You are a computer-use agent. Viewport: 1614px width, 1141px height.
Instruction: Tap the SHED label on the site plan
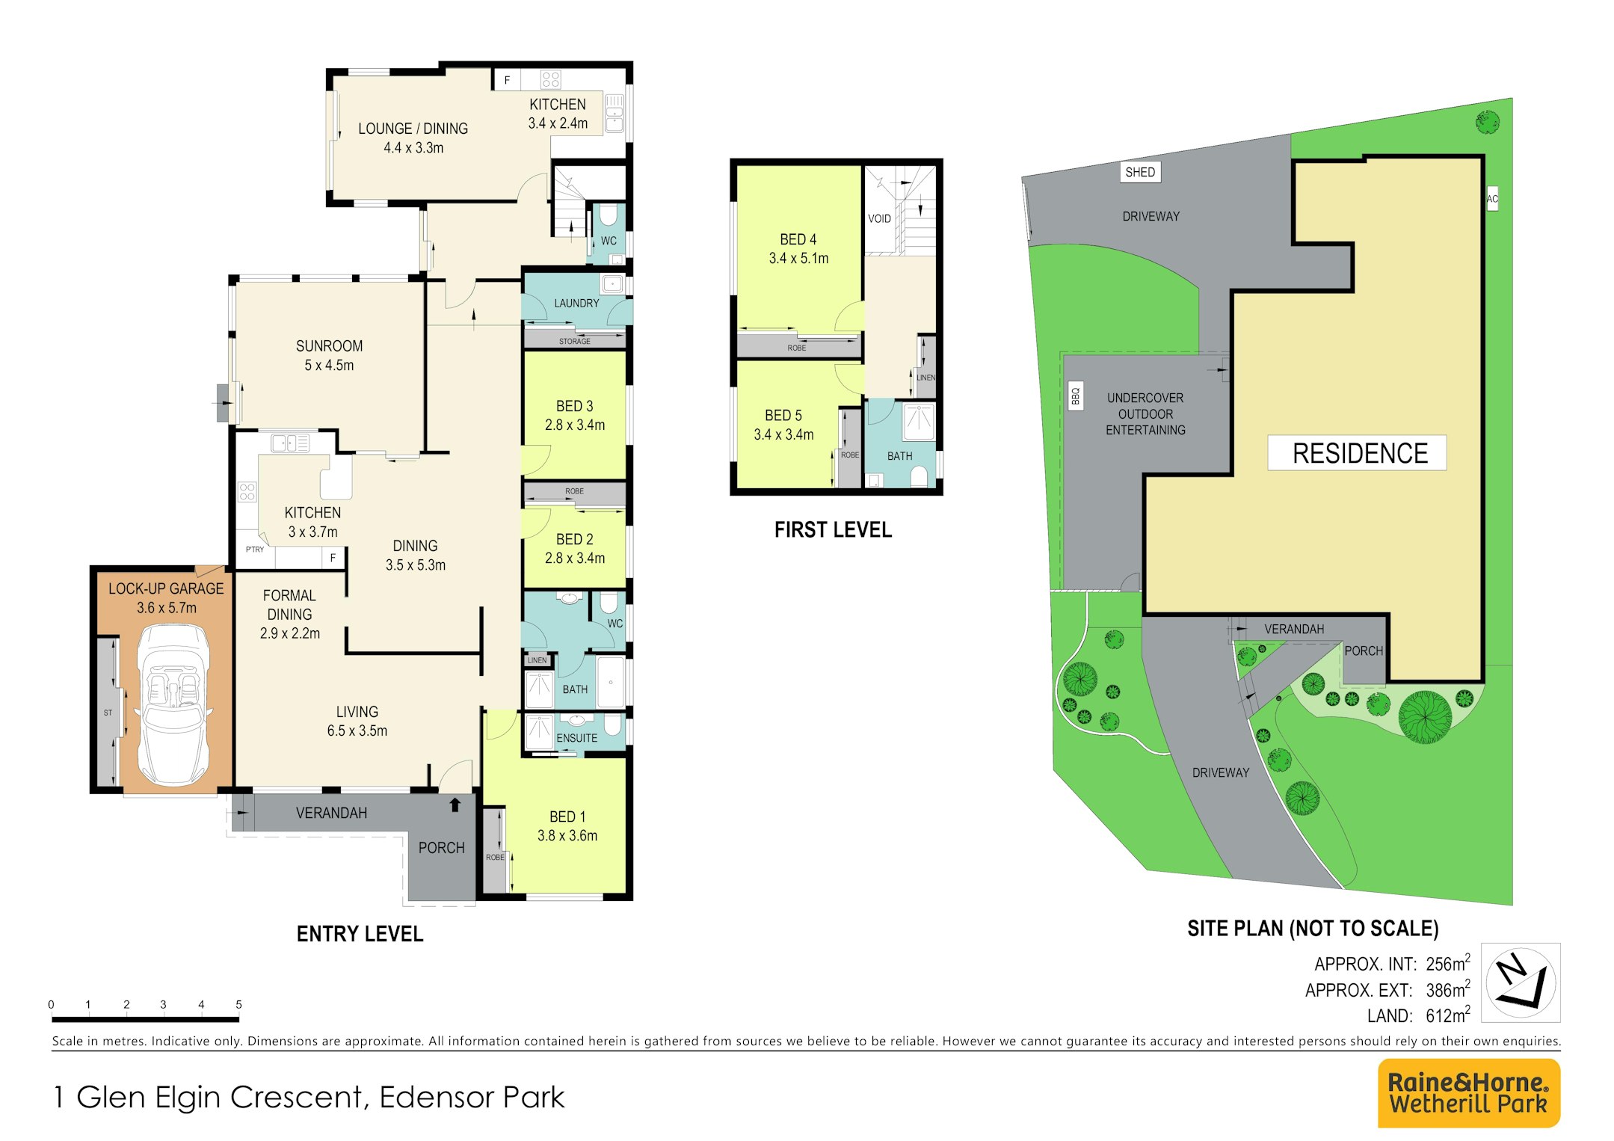(1140, 172)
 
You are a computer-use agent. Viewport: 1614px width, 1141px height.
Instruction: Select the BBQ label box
(1076, 395)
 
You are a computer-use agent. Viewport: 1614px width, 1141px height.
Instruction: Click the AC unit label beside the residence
(1492, 198)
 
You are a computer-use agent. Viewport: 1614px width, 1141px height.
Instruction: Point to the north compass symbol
(1521, 982)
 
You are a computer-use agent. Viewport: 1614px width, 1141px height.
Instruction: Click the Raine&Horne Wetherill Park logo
(1468, 1092)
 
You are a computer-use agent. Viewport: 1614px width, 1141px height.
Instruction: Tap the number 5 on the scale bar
(238, 1004)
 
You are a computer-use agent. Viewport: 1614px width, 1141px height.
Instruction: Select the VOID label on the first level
(879, 218)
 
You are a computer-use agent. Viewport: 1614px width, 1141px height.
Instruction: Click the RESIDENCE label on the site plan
(1360, 453)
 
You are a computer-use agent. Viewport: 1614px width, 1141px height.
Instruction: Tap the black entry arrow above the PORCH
(455, 805)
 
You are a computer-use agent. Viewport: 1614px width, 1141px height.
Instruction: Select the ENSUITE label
(576, 738)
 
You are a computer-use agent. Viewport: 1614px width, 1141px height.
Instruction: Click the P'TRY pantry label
(255, 550)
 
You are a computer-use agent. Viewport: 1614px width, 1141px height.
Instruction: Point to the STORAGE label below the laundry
(575, 342)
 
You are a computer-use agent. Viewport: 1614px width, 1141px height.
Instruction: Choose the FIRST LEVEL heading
(833, 530)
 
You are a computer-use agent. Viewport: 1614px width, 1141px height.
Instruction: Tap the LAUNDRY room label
(576, 303)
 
